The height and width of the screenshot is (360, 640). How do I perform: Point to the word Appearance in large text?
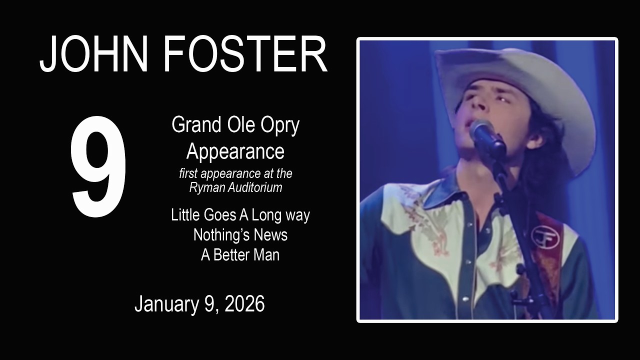(x=235, y=151)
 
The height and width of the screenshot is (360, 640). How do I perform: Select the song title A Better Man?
(x=240, y=254)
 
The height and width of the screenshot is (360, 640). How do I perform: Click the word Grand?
(x=196, y=125)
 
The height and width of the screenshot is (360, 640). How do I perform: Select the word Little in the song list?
(x=185, y=215)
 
